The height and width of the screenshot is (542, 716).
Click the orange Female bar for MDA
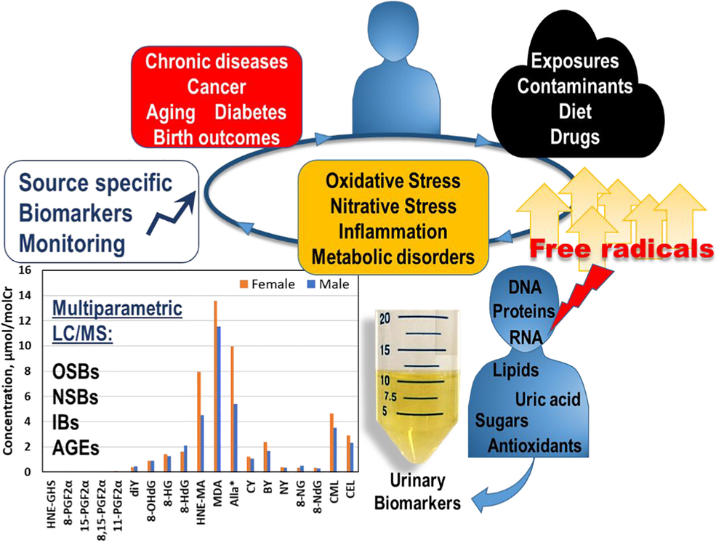point(216,386)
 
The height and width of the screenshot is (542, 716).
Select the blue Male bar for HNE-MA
point(202,443)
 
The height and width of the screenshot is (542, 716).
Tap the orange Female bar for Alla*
point(232,409)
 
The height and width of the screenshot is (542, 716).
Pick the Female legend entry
point(268,284)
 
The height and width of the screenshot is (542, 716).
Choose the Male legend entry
point(329,284)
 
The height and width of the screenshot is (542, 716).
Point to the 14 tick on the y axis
point(25,296)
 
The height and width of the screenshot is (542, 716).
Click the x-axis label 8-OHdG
point(152,501)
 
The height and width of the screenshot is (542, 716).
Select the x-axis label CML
point(334,491)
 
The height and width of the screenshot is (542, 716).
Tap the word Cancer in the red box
point(217,86)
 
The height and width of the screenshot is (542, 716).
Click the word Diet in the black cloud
point(575,111)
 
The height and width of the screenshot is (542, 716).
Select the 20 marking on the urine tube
point(385,318)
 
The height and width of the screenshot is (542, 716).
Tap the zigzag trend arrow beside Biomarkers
point(172,213)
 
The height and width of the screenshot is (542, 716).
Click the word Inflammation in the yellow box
point(393,232)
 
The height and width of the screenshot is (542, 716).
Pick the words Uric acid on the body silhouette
point(547,399)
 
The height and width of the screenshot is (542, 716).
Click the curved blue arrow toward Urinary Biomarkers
point(504,488)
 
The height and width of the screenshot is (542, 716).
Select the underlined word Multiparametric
point(117,309)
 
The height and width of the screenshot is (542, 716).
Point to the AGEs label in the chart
point(76,448)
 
